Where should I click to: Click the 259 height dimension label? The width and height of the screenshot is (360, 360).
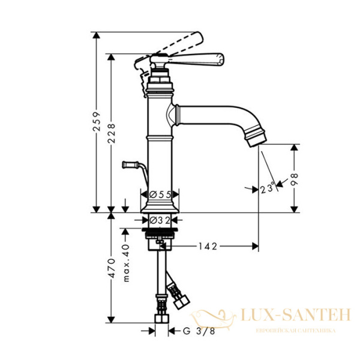97,121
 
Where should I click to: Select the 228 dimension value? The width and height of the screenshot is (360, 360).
112,133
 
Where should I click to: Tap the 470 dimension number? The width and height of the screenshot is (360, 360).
112,268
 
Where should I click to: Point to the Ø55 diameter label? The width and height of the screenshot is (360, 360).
160,194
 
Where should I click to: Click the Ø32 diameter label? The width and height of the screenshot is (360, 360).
160,220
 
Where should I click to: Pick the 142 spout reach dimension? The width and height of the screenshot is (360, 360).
208,247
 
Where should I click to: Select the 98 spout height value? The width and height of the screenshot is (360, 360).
294,179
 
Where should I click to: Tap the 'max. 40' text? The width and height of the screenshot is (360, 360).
126,263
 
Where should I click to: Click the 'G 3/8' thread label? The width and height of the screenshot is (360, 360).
199,331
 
